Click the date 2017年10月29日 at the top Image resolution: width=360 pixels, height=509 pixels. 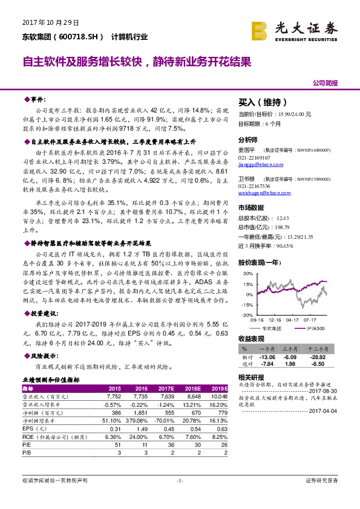51,22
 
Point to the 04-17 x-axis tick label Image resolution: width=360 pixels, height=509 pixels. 293,320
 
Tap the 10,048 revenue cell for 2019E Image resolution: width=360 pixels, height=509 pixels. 220,395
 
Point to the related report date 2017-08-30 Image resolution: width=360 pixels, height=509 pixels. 326,391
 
